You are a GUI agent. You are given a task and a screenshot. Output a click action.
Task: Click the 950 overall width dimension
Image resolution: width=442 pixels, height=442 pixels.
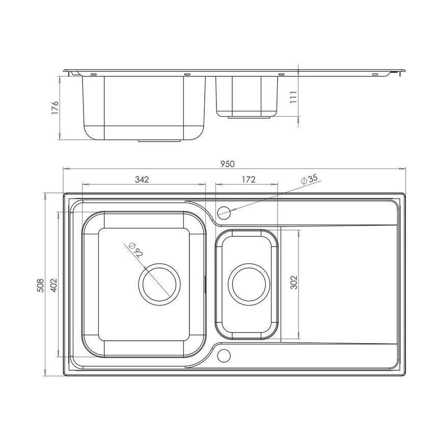228,163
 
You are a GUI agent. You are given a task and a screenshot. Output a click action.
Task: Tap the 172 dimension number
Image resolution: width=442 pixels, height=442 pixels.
247,179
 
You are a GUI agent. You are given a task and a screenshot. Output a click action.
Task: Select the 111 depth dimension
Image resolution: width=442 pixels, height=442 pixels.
293,97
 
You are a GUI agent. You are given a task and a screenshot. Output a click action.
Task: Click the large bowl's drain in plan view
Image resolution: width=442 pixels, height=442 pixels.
159,283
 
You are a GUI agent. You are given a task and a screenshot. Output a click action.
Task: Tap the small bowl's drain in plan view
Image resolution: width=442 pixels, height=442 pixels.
247,283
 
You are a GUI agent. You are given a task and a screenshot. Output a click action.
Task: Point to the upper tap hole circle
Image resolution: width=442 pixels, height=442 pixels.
224,211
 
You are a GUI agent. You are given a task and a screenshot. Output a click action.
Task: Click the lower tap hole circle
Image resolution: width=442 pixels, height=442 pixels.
224,354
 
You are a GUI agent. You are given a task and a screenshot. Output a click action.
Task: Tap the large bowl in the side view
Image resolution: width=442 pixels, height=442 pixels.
144,107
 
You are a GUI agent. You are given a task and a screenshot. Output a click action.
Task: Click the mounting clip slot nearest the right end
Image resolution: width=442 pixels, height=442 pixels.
375,75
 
